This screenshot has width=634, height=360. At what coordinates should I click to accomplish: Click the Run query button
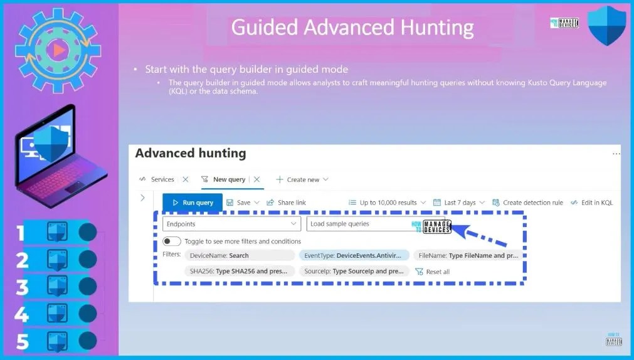tap(193, 203)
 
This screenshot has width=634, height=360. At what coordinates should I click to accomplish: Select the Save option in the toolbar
tap(238, 203)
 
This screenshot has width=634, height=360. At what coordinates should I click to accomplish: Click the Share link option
tap(287, 203)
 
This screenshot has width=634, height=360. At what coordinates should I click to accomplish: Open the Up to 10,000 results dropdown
tap(388, 203)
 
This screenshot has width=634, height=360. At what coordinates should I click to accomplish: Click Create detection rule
tap(527, 203)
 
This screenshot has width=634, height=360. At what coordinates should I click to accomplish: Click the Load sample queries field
tap(364, 224)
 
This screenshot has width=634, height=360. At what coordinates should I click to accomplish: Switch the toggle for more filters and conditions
tap(172, 241)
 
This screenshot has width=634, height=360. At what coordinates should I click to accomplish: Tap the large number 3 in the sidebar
tap(22, 287)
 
